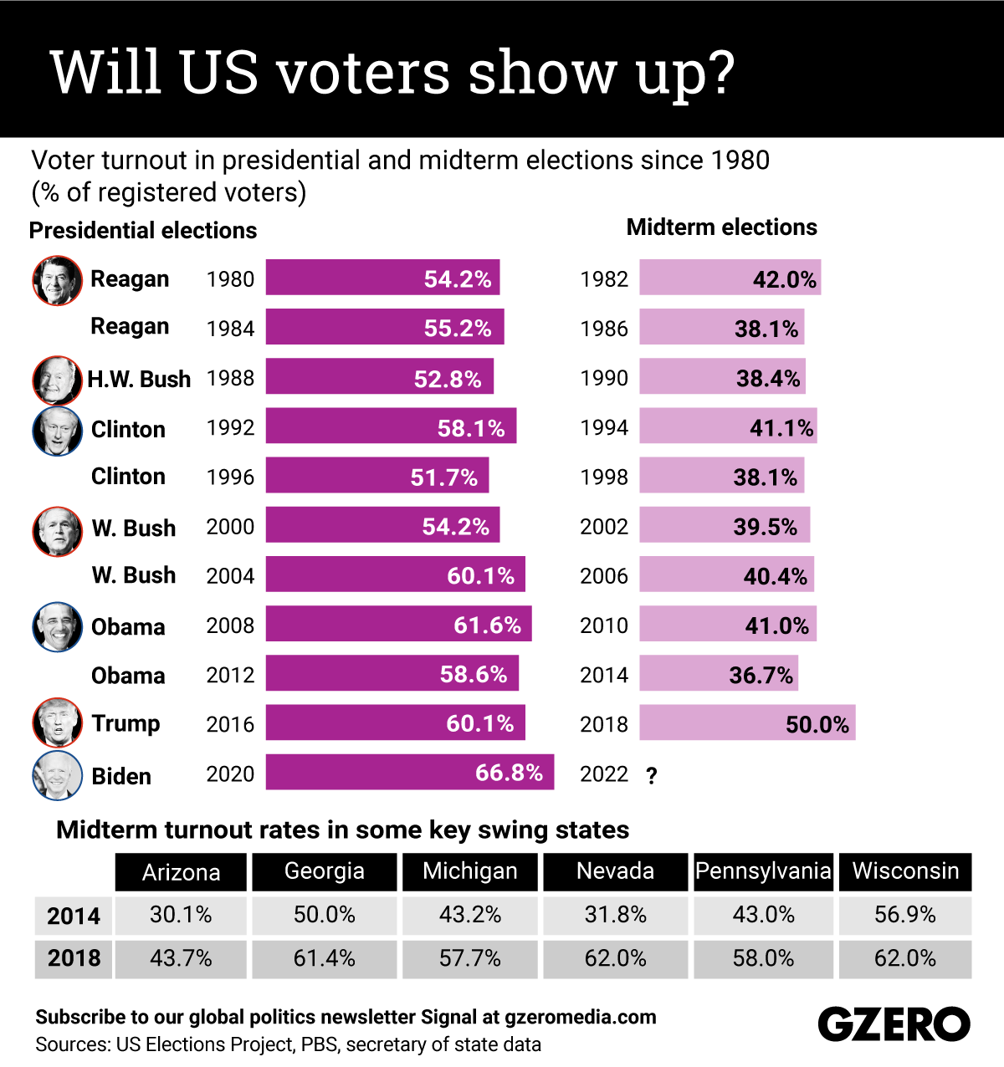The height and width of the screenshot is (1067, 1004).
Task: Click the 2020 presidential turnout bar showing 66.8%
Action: (x=410, y=772)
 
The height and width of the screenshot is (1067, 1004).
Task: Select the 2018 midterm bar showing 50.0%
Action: (x=747, y=723)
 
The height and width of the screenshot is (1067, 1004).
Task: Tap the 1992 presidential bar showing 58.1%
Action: (x=391, y=426)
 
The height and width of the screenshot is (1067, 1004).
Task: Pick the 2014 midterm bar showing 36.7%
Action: (x=719, y=674)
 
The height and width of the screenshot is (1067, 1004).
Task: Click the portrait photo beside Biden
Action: (x=57, y=775)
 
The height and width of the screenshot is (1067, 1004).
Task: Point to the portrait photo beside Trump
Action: (x=57, y=722)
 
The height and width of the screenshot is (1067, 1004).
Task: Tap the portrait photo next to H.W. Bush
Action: (x=57, y=380)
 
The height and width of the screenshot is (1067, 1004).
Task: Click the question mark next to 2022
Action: (x=652, y=776)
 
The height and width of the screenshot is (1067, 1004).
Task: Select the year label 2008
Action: (x=230, y=625)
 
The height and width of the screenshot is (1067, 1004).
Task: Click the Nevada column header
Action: (x=615, y=871)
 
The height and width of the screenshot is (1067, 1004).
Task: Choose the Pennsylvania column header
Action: (x=763, y=871)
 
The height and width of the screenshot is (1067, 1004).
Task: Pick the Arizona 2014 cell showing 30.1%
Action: (x=181, y=915)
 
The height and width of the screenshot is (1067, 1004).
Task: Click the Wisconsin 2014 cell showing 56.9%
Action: (x=905, y=915)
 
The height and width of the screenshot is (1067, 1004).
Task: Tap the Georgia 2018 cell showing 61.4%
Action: (x=324, y=958)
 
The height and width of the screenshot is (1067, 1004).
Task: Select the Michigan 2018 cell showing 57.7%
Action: (x=470, y=958)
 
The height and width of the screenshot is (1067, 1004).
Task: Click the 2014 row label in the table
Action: (x=74, y=916)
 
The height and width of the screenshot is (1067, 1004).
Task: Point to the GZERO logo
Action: (x=894, y=1024)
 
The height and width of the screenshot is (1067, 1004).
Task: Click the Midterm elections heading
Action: (x=721, y=227)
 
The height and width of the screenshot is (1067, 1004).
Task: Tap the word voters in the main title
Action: (x=364, y=73)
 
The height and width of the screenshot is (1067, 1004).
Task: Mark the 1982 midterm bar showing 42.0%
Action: (x=730, y=278)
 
